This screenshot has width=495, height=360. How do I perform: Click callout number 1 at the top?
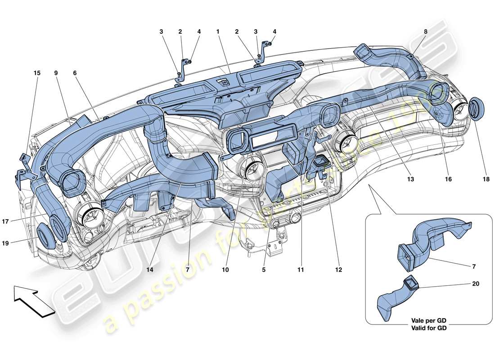[x=217, y=32]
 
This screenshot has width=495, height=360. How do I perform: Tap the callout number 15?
[x=36, y=72]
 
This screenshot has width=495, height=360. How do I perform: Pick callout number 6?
[x=75, y=72]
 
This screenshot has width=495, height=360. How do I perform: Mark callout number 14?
[x=150, y=270]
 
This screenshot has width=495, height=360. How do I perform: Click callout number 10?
[x=225, y=270]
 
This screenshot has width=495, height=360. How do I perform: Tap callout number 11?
[x=300, y=270]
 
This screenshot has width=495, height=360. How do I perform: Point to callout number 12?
[x=338, y=270]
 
